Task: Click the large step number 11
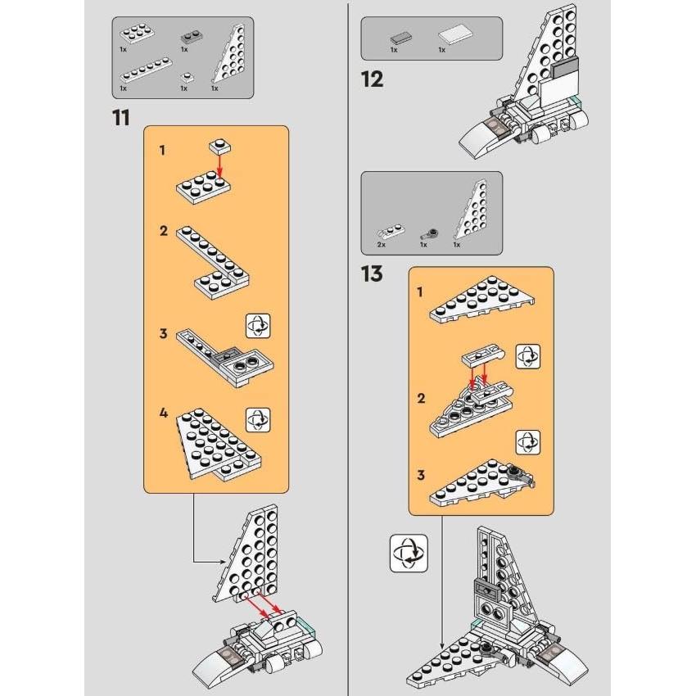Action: tap(121, 117)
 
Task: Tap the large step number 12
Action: tap(373, 79)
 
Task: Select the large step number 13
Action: tap(372, 273)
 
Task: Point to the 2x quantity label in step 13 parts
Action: tap(382, 245)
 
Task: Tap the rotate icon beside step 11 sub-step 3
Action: tap(258, 325)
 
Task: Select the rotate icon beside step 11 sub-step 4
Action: tap(258, 419)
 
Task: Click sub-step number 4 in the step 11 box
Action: tap(164, 413)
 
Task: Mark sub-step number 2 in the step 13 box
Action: tap(421, 399)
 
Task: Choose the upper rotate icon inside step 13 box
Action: tap(527, 356)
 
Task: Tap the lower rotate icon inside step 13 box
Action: tap(527, 443)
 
